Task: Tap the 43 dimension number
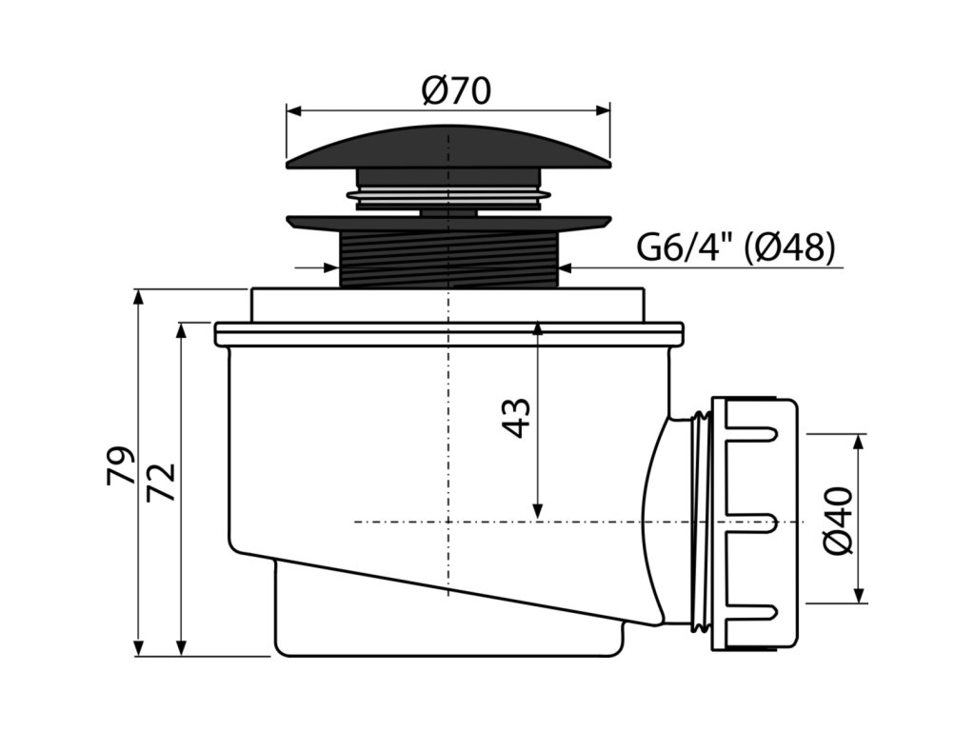pyautogui.click(x=515, y=417)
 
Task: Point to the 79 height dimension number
pyautogui.click(x=122, y=467)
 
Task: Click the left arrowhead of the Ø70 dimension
pyautogui.click(x=292, y=110)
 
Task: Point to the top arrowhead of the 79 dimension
pyautogui.click(x=139, y=296)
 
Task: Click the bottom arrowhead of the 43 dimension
pyautogui.click(x=538, y=514)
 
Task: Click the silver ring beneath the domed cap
pyautogui.click(x=448, y=198)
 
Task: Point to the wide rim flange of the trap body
pyautogui.click(x=448, y=333)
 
